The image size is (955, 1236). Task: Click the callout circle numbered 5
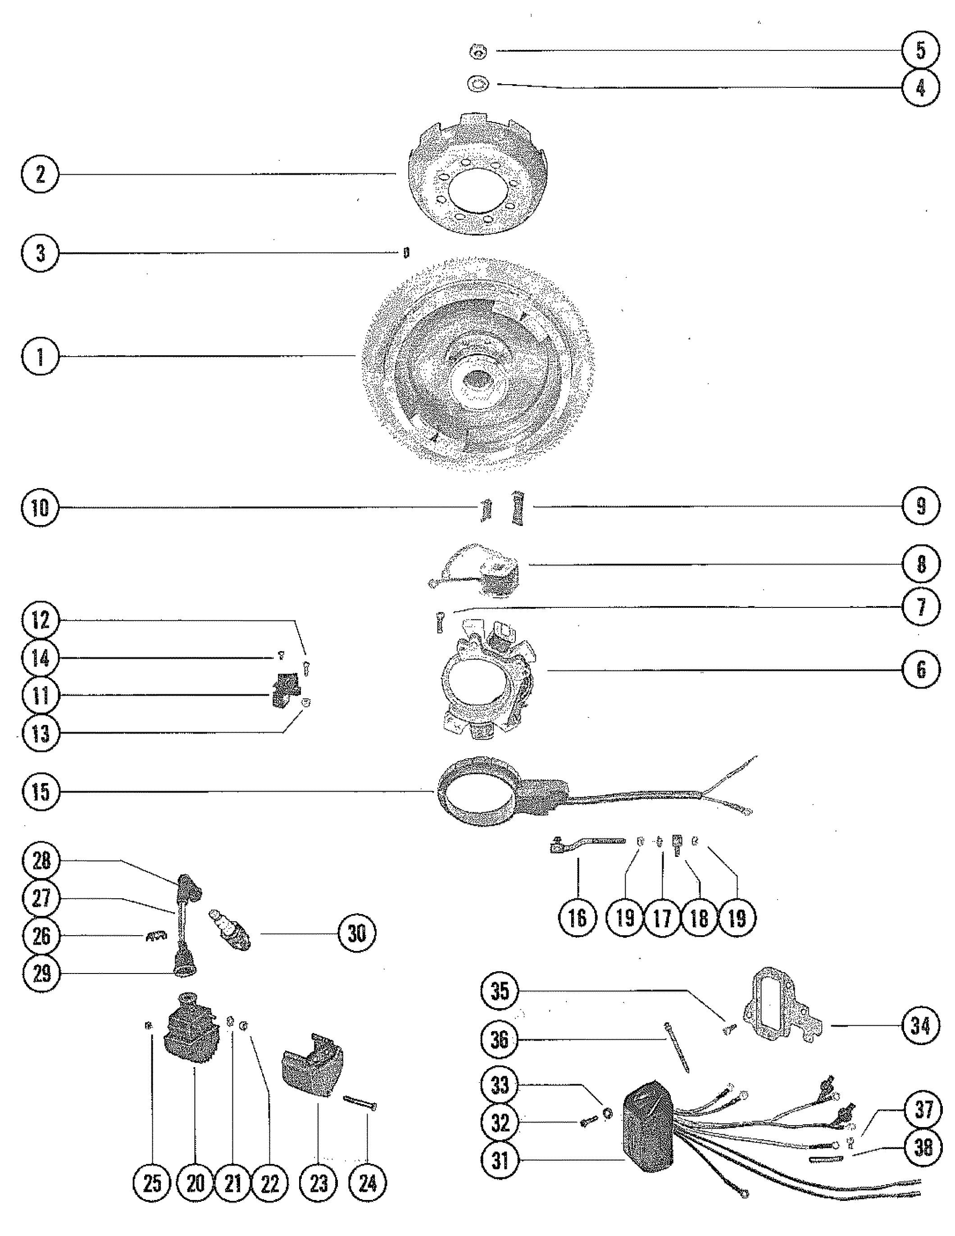[920, 50]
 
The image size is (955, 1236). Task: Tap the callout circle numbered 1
[40, 356]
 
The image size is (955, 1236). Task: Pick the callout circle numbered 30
[357, 934]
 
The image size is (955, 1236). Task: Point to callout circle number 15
[40, 791]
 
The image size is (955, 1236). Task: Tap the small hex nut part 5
[479, 52]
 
